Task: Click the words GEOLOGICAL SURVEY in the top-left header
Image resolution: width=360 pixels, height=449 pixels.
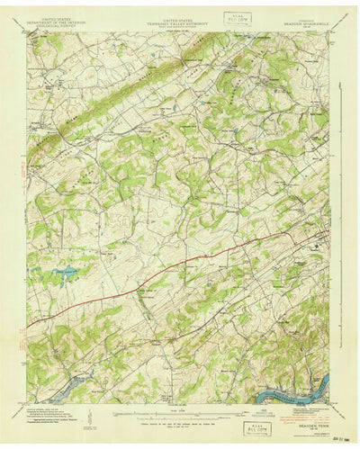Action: click(x=54, y=28)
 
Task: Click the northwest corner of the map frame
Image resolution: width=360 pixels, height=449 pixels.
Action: click(x=28, y=33)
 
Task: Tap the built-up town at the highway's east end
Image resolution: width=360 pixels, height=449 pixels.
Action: click(x=317, y=241)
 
